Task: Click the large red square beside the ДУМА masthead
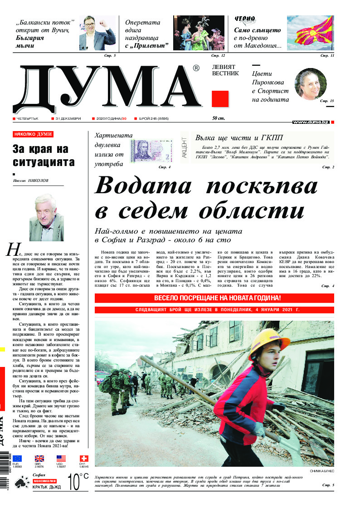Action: pyautogui.click(x=220, y=98)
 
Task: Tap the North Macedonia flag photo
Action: pyautogui.click(x=311, y=33)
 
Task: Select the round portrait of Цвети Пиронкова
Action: pyautogui.click(x=311, y=84)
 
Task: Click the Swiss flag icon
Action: pyautogui.click(x=83, y=459)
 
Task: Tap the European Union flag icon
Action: pyautogui.click(x=17, y=459)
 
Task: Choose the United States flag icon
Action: pyautogui.click(x=61, y=459)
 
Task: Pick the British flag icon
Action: pyautogui.click(x=39, y=459)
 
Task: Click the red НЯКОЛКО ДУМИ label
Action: pyautogui.click(x=33, y=134)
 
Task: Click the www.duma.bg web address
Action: pyautogui.click(x=311, y=122)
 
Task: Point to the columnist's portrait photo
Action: pyautogui.click(x=46, y=217)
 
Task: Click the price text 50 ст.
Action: pyautogui.click(x=219, y=118)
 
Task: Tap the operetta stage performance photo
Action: pyautogui.click(x=199, y=33)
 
